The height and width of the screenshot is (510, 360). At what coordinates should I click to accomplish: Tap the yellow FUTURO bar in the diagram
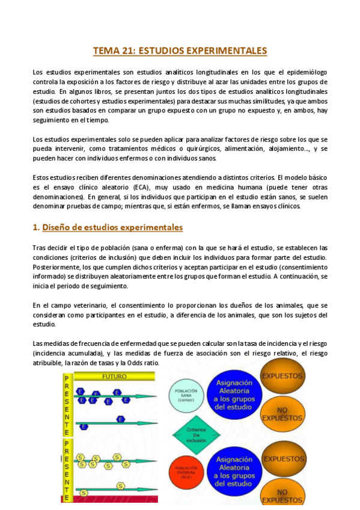coord(114,377)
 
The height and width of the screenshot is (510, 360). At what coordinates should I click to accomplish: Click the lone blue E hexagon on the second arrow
coord(121,419)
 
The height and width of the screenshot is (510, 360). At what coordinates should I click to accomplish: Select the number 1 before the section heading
coord(35,227)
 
